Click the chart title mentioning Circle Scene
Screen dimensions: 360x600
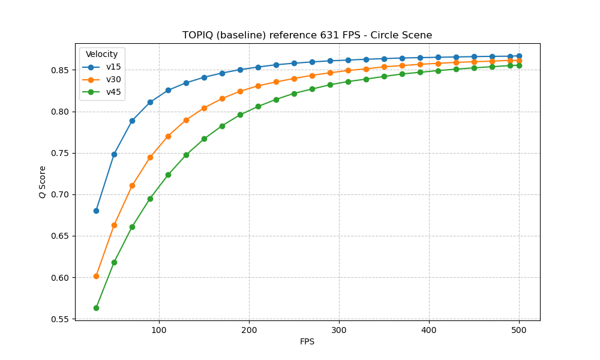[307, 35]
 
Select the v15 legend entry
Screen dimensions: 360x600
[113, 67]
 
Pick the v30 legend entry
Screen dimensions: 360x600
[113, 79]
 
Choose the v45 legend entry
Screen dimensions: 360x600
[113, 92]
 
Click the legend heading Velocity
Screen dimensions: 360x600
[102, 55]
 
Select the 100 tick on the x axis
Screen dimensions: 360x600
[159, 329]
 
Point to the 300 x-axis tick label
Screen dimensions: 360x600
[339, 329]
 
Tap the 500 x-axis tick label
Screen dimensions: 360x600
[519, 329]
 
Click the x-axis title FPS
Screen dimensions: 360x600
[307, 342]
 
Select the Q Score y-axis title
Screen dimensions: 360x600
[43, 182]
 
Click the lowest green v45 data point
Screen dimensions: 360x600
[96, 308]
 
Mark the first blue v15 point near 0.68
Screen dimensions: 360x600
[96, 211]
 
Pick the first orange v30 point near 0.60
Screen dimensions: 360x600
[96, 276]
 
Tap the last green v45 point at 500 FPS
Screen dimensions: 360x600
[519, 65]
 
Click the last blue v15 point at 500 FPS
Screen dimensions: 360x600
[519, 56]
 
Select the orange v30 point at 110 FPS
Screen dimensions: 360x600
[168, 136]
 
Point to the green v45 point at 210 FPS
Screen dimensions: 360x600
[258, 106]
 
